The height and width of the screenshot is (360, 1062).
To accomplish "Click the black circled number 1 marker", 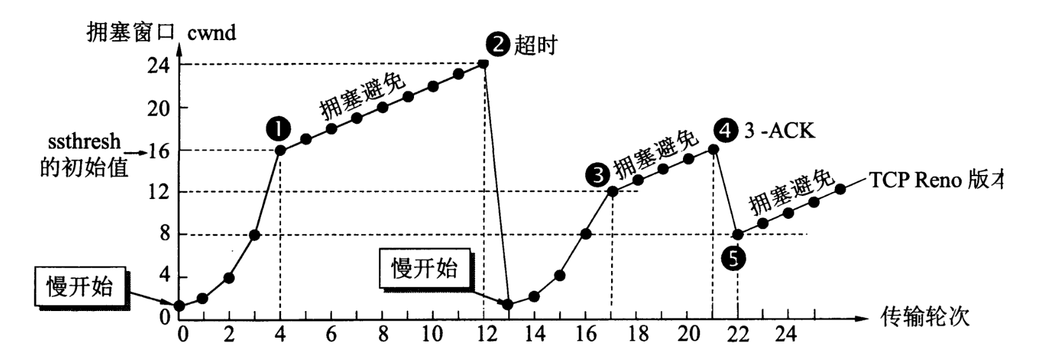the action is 279,129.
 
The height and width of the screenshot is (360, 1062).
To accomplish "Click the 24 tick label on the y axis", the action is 159,65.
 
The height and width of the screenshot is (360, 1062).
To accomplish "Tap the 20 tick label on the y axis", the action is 159,108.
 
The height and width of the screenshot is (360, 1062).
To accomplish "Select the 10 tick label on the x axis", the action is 432,334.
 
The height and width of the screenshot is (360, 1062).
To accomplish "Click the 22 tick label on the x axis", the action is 738,334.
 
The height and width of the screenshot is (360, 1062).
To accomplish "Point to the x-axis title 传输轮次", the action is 925,316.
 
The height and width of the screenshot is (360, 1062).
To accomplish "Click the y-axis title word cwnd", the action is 212,32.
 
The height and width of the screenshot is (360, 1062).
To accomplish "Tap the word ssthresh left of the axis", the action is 84,141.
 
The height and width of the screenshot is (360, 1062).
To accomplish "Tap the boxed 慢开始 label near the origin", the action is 79,287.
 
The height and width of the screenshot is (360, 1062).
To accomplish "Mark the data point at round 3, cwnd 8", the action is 254,235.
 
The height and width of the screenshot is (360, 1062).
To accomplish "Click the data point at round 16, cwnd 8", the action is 586,234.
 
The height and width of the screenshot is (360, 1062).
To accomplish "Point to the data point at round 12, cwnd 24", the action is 483,64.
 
